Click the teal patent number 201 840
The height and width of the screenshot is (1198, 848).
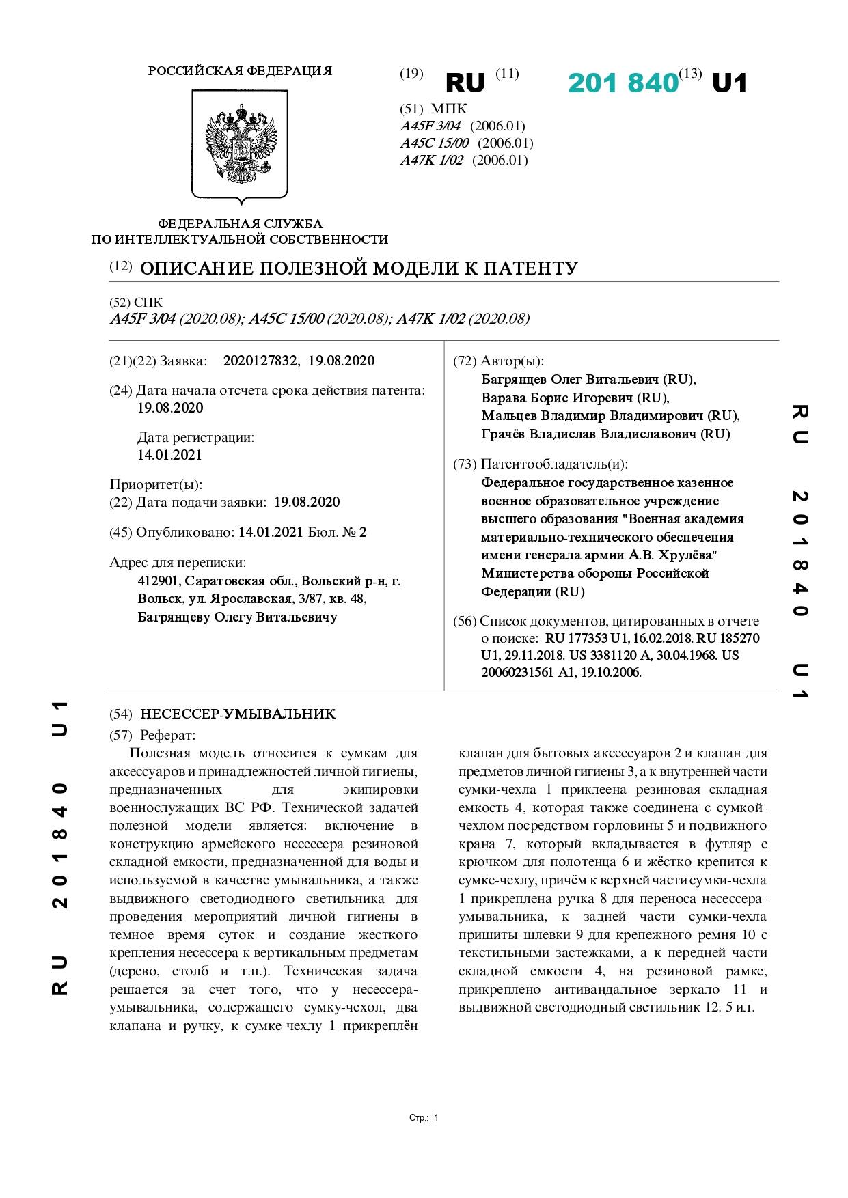tap(623, 83)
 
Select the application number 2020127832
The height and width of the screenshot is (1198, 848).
tap(260, 361)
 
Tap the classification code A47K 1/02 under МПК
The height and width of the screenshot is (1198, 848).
tap(432, 161)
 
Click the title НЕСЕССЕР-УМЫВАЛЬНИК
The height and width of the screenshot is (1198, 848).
tap(238, 714)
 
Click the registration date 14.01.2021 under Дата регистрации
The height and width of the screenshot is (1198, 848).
tap(169, 456)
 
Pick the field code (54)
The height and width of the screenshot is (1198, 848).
tap(121, 714)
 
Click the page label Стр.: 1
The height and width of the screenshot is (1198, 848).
tap(424, 1118)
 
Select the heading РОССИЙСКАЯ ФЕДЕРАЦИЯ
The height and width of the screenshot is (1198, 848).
tap(240, 71)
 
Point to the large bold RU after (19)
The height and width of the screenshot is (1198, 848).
tap(465, 83)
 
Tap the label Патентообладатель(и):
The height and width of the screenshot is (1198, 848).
tap(554, 464)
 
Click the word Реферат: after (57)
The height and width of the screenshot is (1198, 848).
tap(167, 736)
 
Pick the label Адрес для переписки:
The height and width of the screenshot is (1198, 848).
tap(178, 563)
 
